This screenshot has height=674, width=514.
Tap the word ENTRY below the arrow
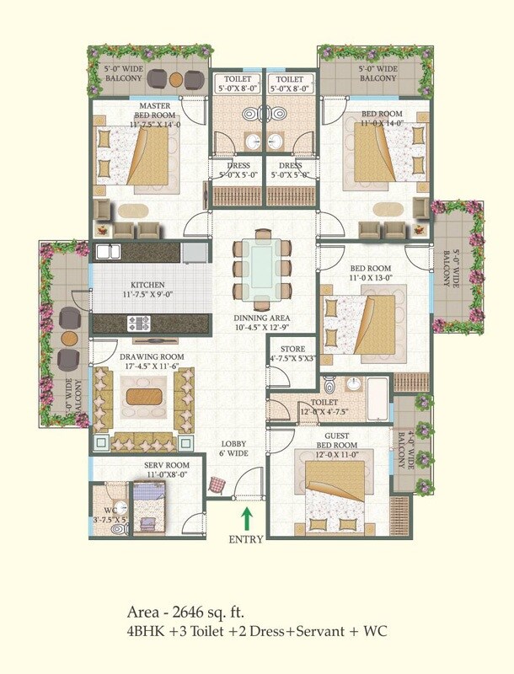[246, 539]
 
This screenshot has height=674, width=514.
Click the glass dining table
[262, 262]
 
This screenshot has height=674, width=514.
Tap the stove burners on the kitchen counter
[137, 322]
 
